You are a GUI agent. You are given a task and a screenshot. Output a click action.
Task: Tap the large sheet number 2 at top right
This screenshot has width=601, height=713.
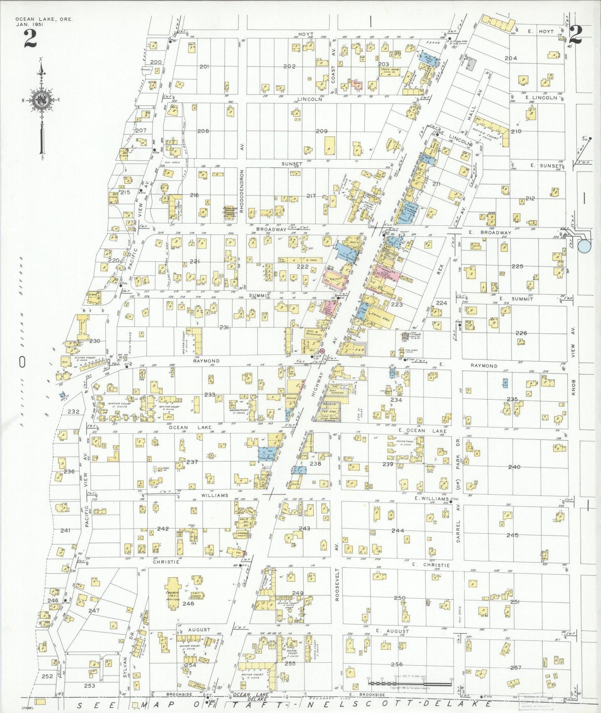(576, 35)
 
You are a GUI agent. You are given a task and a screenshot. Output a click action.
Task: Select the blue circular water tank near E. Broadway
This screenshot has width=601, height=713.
(584, 247)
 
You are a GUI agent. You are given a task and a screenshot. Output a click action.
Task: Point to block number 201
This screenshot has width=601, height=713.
(204, 67)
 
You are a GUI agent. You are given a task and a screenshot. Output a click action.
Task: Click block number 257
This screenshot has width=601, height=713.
(515, 668)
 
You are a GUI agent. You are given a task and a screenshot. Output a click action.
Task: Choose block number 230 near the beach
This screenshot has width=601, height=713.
(94, 341)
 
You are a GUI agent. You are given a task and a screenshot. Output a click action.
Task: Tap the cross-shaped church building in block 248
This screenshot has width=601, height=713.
(173, 592)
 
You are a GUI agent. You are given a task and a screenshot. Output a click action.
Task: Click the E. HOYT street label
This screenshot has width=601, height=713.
(541, 31)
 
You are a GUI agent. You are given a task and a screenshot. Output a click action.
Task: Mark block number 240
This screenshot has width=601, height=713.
(514, 467)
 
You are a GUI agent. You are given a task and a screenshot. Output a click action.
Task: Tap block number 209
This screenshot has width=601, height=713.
(322, 131)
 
